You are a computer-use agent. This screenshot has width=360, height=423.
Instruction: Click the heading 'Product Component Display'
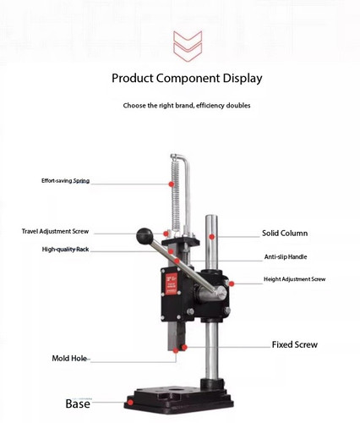click(187, 78)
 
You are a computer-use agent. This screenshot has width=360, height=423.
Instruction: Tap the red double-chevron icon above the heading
click(188, 47)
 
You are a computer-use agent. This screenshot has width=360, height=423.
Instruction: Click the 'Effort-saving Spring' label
click(65, 181)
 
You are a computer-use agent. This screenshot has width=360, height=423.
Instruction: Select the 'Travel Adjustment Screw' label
click(55, 232)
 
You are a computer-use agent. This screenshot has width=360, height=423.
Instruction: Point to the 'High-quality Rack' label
click(65, 250)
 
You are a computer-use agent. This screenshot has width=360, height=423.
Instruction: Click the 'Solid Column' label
click(285, 233)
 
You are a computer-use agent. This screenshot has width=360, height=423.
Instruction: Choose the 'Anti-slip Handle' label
click(286, 257)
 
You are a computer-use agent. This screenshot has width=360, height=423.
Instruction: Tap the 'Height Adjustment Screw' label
click(294, 279)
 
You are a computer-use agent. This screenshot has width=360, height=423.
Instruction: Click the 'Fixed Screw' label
click(295, 344)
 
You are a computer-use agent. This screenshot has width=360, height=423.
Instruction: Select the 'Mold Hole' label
click(69, 359)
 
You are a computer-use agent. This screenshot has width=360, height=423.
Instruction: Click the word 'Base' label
click(78, 404)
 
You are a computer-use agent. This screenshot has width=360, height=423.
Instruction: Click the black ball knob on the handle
click(145, 236)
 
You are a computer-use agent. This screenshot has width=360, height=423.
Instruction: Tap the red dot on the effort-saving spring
click(172, 184)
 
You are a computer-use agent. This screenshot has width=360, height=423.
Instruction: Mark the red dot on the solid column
click(212, 237)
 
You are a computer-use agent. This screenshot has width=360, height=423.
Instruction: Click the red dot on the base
click(130, 403)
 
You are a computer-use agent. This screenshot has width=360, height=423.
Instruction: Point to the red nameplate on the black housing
click(172, 284)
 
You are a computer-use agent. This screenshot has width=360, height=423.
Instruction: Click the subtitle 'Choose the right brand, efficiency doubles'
click(187, 106)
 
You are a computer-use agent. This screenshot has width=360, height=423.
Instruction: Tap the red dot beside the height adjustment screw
click(232, 283)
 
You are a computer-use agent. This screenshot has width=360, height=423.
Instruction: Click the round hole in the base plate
click(177, 391)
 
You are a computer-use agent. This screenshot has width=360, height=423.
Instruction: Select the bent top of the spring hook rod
click(179, 157)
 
